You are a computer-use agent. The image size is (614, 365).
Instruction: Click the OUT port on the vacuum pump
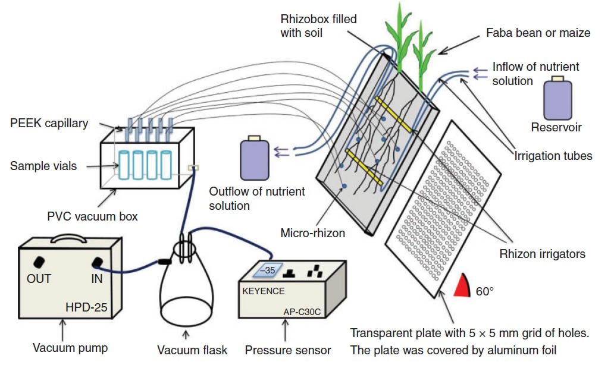40,262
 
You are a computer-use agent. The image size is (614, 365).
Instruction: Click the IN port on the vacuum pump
97,262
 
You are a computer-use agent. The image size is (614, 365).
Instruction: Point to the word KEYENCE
264,292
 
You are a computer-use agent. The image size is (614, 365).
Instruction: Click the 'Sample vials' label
43,166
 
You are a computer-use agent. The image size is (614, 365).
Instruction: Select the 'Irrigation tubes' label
553,156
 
